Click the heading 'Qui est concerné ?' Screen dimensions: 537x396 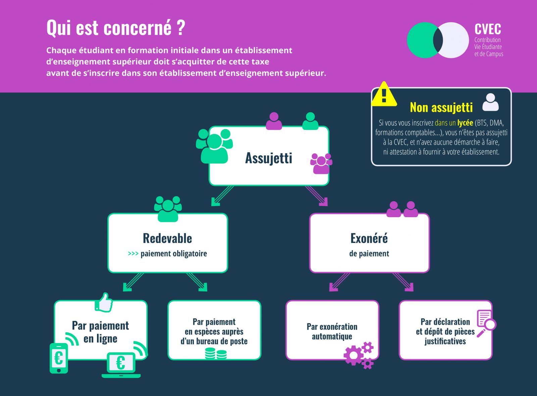click(116, 28)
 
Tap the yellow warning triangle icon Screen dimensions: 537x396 click(384, 94)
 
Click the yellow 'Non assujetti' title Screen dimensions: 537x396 click(441, 107)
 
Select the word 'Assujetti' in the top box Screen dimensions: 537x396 click(268, 158)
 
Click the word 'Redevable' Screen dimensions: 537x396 click(167, 238)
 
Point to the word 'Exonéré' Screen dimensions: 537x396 click(369, 238)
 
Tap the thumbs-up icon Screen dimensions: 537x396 click(104, 302)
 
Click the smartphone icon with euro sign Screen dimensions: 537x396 click(59, 358)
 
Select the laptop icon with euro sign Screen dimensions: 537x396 click(121, 365)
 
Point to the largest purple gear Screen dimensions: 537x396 click(353, 355)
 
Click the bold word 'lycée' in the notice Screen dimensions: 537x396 click(465, 123)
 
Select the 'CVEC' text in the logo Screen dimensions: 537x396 click(488, 29)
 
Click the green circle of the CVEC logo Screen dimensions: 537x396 click(422, 40)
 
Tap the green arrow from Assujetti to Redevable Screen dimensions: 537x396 click(222, 196)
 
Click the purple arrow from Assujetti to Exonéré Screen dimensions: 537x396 click(316, 196)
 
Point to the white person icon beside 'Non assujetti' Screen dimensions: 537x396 click(490, 102)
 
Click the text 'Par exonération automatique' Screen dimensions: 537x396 click(332, 332)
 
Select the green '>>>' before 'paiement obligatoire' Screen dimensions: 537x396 click(133, 254)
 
